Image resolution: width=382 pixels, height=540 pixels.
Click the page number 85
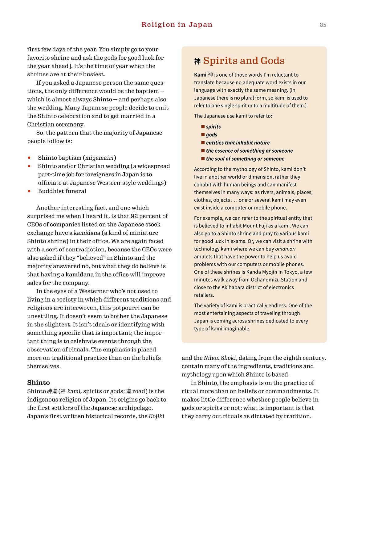[x=323, y=25]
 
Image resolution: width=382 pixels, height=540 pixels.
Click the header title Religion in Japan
[x=177, y=25]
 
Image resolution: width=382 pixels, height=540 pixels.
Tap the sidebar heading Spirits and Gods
[x=244, y=61]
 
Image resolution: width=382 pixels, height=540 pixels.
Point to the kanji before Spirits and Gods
[x=197, y=61]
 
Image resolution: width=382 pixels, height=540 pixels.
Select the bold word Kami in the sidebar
[x=200, y=75]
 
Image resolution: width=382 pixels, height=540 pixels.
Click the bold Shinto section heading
[x=39, y=382]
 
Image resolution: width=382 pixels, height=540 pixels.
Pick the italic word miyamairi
[x=100, y=158]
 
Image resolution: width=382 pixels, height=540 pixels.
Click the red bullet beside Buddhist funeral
[x=29, y=191]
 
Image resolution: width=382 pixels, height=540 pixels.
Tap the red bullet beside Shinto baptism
[x=29, y=158]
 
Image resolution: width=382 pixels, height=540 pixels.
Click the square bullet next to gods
[x=203, y=134]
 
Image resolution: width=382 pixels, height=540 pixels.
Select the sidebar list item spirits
[x=213, y=127]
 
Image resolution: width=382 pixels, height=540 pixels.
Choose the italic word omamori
[x=285, y=249]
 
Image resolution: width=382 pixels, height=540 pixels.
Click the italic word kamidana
[x=87, y=233]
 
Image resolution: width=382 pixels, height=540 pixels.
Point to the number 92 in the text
[x=134, y=216]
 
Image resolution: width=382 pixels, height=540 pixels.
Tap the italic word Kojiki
[x=156, y=416]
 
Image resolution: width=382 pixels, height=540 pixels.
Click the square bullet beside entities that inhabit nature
[x=203, y=142]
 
